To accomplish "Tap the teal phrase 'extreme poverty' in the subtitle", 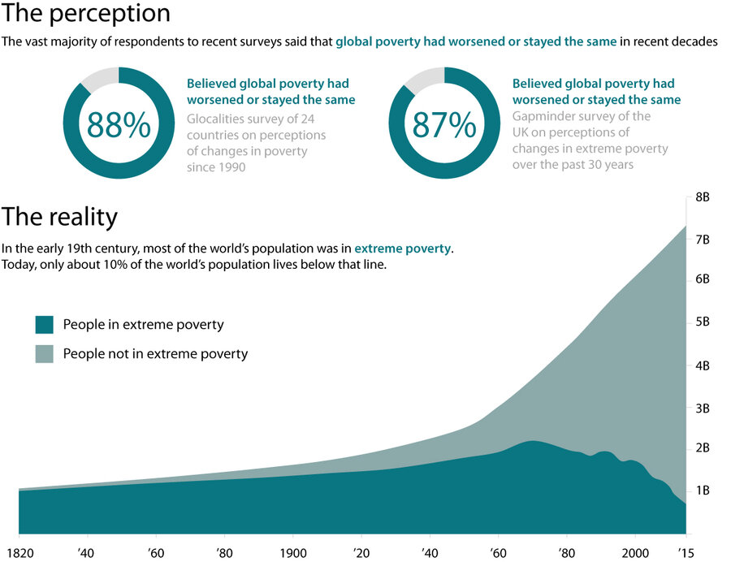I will pyautogui.click(x=402, y=249).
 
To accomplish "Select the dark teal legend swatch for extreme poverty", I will pyautogui.click(x=45, y=325).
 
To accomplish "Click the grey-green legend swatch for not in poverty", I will pyautogui.click(x=45, y=354).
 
